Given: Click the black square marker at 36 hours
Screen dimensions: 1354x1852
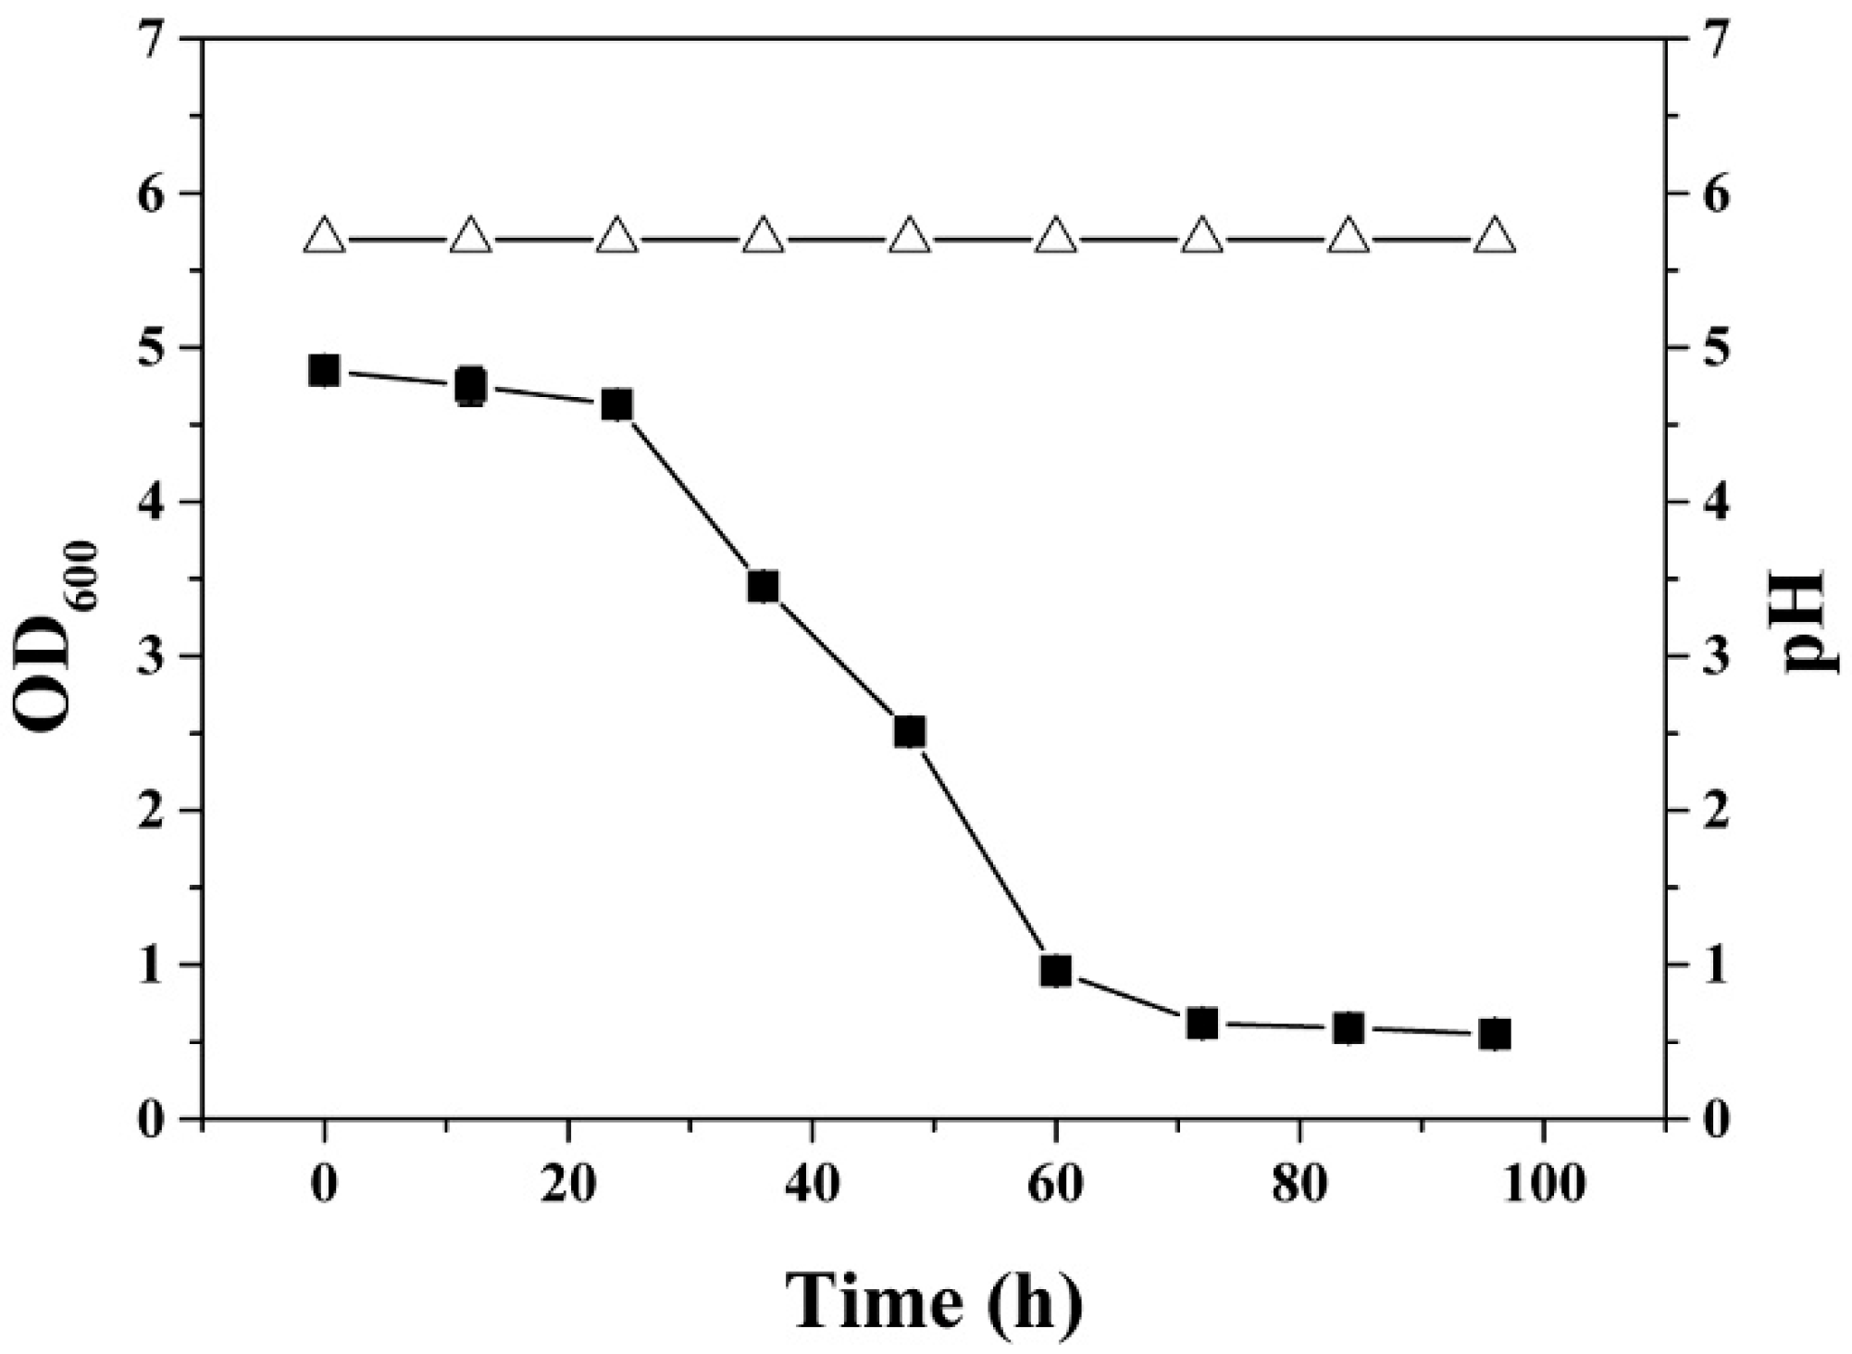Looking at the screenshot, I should (764, 587).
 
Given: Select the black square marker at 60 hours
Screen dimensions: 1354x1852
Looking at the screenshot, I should (1056, 971).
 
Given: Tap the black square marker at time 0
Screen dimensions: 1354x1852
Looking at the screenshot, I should (323, 370).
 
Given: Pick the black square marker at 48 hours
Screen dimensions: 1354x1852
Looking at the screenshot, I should (910, 732).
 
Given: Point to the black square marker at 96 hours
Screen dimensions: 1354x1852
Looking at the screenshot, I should (1495, 1034).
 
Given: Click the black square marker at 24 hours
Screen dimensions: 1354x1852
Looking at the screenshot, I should (617, 404).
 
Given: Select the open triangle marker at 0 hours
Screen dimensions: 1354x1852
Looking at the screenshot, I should (324, 237).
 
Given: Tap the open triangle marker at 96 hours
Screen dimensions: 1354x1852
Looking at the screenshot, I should (1495, 237).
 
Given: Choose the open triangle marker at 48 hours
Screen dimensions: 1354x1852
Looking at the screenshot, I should (910, 237).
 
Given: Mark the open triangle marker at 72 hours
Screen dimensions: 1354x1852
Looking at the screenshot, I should (1202, 237).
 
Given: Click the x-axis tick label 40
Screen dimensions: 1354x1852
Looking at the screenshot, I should (812, 1186).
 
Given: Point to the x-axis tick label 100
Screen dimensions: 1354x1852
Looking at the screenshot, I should (1543, 1186).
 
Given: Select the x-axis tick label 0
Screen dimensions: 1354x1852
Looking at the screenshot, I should (324, 1186).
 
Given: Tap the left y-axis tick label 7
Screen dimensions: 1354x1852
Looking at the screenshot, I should (153, 40).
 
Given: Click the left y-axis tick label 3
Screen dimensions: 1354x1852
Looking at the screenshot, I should (153, 656).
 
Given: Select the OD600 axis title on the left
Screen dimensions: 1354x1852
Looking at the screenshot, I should (56, 639).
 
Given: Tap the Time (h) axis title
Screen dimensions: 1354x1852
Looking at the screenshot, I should (933, 1302).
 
